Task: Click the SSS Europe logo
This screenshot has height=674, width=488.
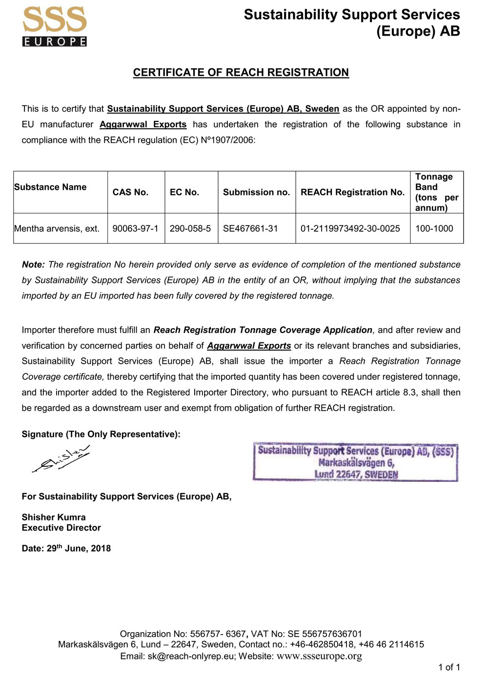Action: coord(55,27)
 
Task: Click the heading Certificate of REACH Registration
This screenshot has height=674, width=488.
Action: coord(241,73)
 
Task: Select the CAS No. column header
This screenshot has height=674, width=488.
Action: coord(130,192)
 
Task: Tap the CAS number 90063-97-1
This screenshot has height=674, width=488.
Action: coord(135,228)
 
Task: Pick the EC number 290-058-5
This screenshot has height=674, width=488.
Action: coord(190,228)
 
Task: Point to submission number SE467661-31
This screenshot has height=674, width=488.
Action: coord(250,228)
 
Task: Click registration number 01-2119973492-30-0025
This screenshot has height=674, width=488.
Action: coord(350,228)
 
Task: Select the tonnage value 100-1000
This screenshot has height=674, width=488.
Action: coord(434,228)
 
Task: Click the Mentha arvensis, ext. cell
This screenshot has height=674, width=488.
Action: coord(57,228)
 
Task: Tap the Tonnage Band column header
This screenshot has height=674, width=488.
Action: coord(436,192)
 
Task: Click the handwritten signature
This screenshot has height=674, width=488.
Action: coord(61,459)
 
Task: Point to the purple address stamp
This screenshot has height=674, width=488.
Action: coord(355,462)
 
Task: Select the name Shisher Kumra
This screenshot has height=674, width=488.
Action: coord(54,517)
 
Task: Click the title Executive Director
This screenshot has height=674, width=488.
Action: coord(61,528)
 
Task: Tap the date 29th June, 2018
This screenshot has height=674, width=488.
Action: coord(79,548)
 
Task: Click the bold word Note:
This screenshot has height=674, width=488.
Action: coord(33,264)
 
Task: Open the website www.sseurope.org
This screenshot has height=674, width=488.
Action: coord(319,656)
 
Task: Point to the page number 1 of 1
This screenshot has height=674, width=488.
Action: coord(449,667)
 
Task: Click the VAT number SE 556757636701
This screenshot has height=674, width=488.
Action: coord(325,634)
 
